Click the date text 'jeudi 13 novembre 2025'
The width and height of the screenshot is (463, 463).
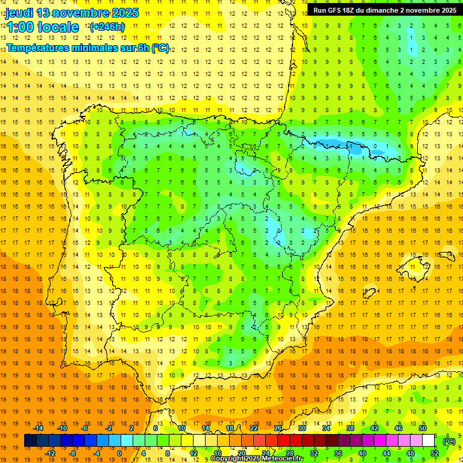point(72,13)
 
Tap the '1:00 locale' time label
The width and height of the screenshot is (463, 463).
point(42,27)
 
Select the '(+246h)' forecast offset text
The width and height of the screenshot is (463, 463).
point(107,27)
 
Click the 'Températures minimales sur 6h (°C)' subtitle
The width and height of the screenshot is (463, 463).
point(87,48)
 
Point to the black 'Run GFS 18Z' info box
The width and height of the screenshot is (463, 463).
point(384,10)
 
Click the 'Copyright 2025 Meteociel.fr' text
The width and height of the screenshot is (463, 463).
point(256,459)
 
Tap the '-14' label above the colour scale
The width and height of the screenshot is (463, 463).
point(39,427)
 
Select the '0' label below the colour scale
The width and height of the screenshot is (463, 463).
point(119,453)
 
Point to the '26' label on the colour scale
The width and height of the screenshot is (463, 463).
point(278,427)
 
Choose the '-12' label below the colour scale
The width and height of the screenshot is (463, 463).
point(51,453)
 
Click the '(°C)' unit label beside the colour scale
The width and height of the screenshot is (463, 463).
point(449,441)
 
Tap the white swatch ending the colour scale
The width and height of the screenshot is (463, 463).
point(428,441)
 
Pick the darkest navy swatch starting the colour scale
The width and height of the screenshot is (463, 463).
point(30,441)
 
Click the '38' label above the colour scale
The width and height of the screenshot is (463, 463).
point(350,427)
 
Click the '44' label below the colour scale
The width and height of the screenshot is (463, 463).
point(386,453)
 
